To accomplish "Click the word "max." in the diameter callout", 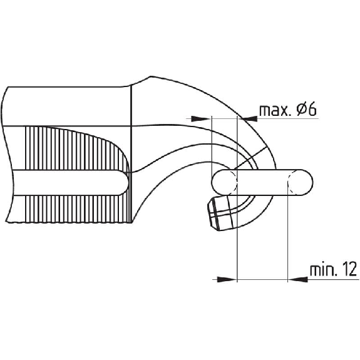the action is [274, 110].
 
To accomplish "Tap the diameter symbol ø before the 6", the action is [301, 110].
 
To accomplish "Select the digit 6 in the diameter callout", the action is [312, 110].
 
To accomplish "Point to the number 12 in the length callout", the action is [350, 269].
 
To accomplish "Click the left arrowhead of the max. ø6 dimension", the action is [201, 118].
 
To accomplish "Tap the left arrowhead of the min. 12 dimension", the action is [227, 279].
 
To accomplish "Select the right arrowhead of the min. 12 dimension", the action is [297, 279].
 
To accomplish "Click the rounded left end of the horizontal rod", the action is [212, 182].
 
